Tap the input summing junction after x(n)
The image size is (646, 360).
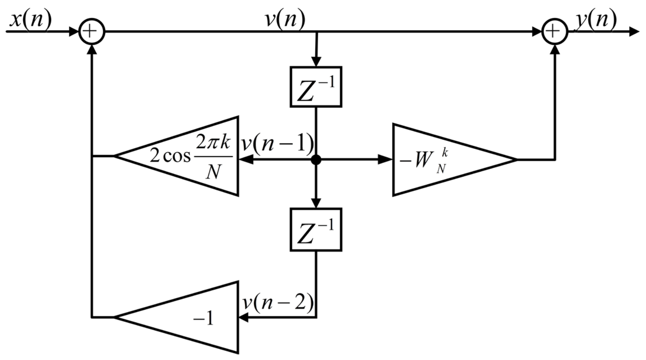click(92, 32)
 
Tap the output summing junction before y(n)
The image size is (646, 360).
click(555, 32)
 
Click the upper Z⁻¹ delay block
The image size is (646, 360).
click(316, 87)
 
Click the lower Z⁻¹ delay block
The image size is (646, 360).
click(316, 229)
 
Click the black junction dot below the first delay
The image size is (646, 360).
click(316, 160)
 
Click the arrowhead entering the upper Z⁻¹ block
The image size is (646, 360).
click(316, 62)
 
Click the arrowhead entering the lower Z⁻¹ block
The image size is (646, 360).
click(316, 203)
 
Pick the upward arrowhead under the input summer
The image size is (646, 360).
click(92, 50)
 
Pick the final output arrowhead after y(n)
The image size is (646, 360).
click(634, 32)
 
